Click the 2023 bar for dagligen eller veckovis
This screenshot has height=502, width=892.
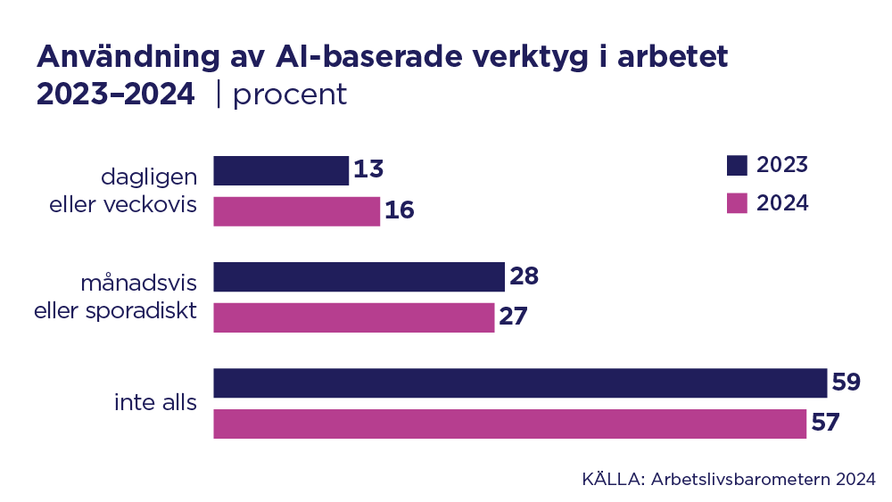(281, 170)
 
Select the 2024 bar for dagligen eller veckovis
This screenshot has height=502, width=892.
(297, 211)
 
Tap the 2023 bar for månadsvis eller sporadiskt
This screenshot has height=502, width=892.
(359, 276)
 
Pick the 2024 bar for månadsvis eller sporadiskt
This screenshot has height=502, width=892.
(354, 317)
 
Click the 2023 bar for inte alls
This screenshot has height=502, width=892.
(520, 383)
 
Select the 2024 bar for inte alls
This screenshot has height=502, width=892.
(510, 424)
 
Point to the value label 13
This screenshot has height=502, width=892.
(368, 170)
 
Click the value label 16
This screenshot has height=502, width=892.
(400, 211)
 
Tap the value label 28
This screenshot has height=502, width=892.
(524, 276)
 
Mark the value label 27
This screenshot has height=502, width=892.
(513, 317)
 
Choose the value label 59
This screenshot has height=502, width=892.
(846, 383)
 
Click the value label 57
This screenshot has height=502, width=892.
(825, 424)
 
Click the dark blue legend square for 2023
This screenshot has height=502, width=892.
(737, 165)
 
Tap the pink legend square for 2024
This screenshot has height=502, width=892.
(737, 203)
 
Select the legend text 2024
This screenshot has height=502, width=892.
(782, 203)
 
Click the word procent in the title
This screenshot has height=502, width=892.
(290, 95)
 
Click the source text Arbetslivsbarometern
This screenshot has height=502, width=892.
(741, 479)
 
